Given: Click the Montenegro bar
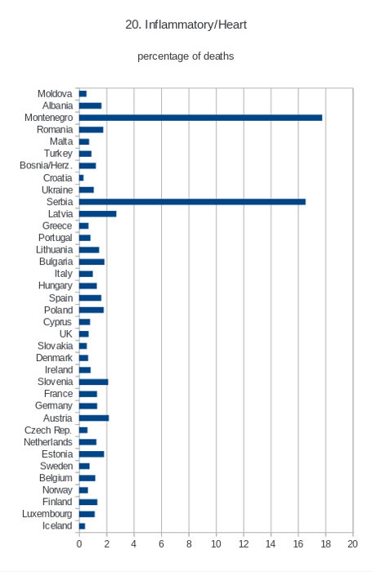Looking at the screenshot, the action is (x=200, y=118).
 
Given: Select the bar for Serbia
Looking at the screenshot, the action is (x=192, y=202).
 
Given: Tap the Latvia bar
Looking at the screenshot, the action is (x=97, y=214).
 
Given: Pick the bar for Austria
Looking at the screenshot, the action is (x=94, y=418).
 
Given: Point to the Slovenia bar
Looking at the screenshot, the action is (x=93, y=382).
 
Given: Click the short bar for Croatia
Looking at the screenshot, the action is (x=81, y=177).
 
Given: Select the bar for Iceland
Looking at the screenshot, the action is (x=82, y=526).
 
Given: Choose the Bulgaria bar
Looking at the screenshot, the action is (x=92, y=261).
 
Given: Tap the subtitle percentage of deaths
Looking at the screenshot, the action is (x=186, y=56).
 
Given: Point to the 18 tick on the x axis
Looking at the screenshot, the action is (x=325, y=544).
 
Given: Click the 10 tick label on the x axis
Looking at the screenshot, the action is (x=216, y=544).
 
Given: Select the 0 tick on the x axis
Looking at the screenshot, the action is (x=79, y=544).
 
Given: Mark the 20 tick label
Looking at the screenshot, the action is (x=352, y=544).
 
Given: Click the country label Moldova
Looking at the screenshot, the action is (x=55, y=94).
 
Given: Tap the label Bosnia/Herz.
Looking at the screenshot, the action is (x=46, y=166).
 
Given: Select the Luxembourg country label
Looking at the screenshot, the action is (x=47, y=514).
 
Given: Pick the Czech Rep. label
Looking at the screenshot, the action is (x=47, y=431).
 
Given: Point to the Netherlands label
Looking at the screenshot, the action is (x=47, y=442).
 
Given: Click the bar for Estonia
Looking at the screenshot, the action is (x=92, y=454).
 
